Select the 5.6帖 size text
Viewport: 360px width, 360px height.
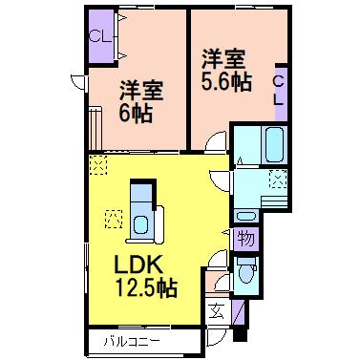[x=226, y=82]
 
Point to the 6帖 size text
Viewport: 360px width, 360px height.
[x=136, y=114]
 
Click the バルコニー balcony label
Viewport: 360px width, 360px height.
[x=132, y=343]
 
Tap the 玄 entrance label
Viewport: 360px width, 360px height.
[x=217, y=310]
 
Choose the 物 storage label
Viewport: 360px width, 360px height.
[x=245, y=239]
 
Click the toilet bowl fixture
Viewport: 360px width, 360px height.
[x=246, y=270]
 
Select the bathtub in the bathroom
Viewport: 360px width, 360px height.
[x=274, y=144]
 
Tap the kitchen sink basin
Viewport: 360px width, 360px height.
[x=141, y=225]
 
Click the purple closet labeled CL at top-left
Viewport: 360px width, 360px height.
[x=100, y=37]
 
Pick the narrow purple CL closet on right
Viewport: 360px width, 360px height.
[x=281, y=93]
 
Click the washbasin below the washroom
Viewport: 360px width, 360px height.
[x=245, y=216]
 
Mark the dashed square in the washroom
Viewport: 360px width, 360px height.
[x=278, y=179]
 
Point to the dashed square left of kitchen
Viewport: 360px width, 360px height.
[x=113, y=219]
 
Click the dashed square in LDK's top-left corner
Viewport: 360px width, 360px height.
[x=98, y=165]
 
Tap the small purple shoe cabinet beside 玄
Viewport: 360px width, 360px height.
[x=238, y=313]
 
